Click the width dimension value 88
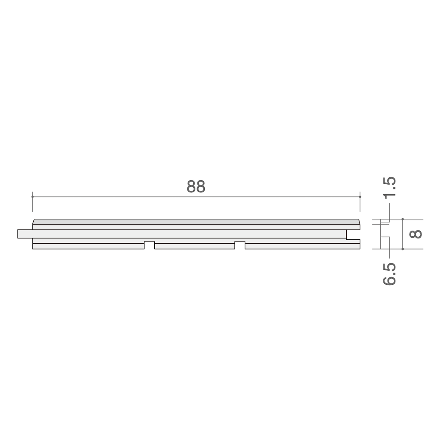196,186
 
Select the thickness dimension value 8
416,234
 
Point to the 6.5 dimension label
389,274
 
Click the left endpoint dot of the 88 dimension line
32,197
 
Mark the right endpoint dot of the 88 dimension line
360,197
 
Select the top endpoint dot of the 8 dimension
403,219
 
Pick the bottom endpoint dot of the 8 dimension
403,249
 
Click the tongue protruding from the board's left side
25,234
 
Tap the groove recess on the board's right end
353,234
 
